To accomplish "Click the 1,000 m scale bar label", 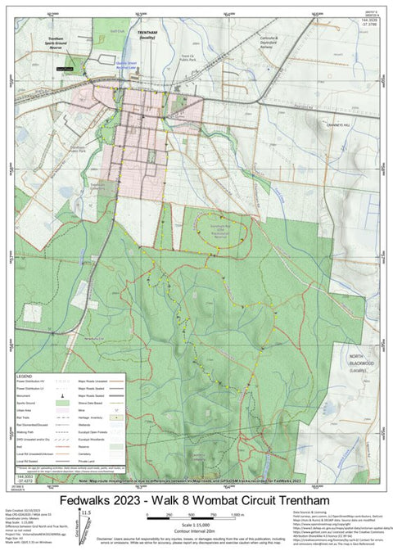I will pyautogui.click(x=237, y=516).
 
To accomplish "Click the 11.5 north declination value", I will pyautogui.click(x=84, y=512).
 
